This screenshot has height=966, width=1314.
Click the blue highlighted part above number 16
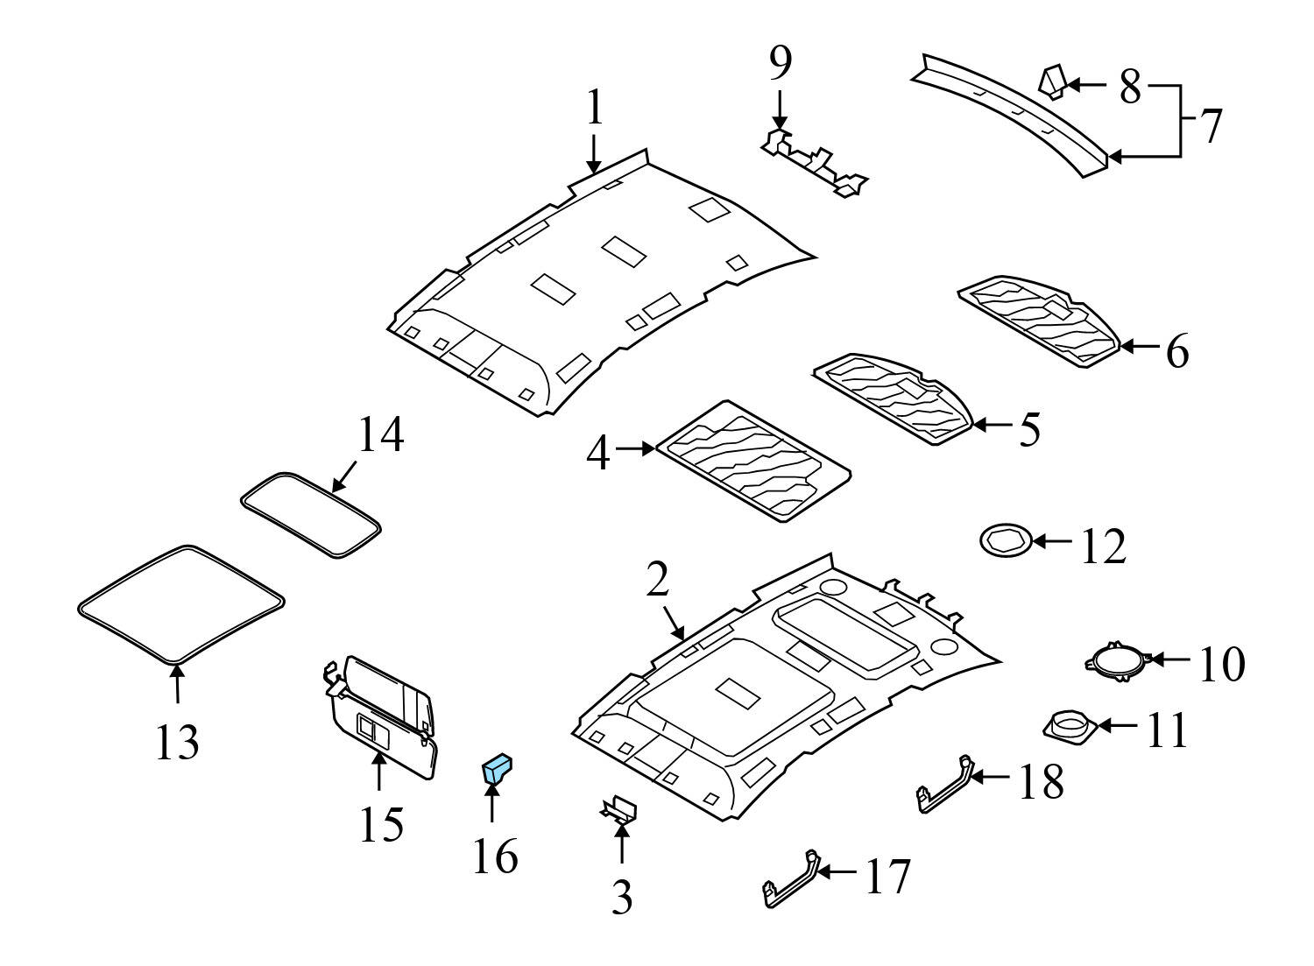point(497,770)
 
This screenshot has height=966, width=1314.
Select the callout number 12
point(1102,546)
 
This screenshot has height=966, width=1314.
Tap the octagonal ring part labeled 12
point(1002,540)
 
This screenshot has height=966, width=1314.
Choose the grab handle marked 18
point(944,785)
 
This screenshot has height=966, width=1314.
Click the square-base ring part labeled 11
point(1069,726)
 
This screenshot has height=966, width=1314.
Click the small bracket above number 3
point(619,809)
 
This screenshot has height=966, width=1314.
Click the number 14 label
point(380,435)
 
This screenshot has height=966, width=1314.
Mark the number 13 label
point(177,742)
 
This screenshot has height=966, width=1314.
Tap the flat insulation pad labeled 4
point(752,459)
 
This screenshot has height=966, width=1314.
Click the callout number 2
point(658,580)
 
